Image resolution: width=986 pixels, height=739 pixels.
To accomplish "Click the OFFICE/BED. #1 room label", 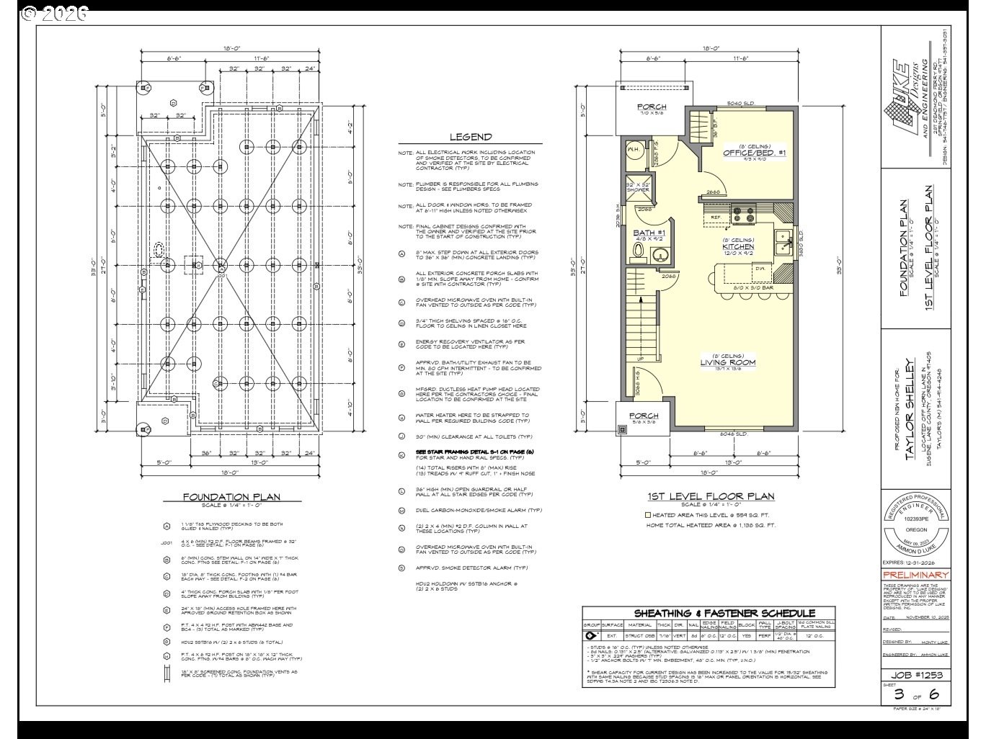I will (754, 153).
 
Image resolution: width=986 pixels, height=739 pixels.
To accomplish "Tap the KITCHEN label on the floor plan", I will (738, 246).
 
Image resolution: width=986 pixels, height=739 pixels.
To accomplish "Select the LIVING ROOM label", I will (728, 362).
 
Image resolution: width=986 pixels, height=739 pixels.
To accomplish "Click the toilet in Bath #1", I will (637, 251).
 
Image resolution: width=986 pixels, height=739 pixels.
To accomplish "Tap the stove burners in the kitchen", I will (743, 214).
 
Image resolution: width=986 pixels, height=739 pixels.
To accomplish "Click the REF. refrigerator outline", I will (716, 216).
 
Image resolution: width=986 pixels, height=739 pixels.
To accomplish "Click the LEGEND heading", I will (471, 137).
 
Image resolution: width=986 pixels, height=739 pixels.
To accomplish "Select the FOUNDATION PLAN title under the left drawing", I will (231, 496).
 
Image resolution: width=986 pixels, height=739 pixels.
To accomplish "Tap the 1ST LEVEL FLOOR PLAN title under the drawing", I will (711, 496).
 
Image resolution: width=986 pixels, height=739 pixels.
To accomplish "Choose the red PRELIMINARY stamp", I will (915, 575).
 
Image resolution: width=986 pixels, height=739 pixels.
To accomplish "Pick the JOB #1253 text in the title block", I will (915, 675).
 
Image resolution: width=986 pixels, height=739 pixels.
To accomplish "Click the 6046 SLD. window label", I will (733, 434).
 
